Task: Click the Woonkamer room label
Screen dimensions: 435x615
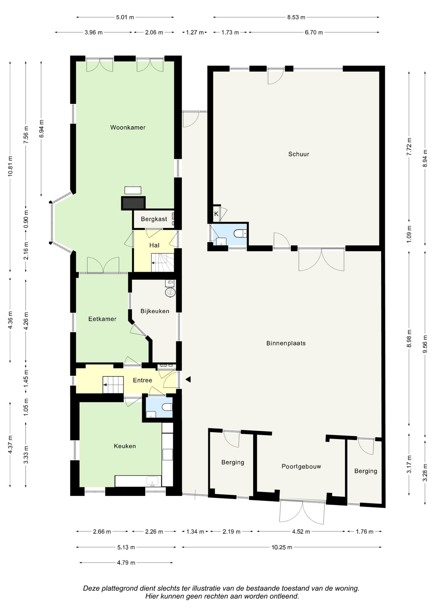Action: click(x=128, y=127)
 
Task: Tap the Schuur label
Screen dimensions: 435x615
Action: click(x=299, y=154)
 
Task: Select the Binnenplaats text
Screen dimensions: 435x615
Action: click(x=286, y=343)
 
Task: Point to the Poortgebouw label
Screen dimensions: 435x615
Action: click(x=301, y=466)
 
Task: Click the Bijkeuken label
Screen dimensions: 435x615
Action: click(x=155, y=311)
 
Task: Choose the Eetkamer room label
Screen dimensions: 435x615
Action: click(x=102, y=319)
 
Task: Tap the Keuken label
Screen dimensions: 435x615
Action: click(x=125, y=446)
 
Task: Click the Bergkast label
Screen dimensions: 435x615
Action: click(x=154, y=219)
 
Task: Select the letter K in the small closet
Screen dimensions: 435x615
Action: click(x=216, y=214)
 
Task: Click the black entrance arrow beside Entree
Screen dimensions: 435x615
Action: click(x=188, y=379)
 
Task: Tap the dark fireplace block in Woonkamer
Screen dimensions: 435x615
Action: click(x=133, y=203)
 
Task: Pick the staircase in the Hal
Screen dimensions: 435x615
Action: click(x=163, y=262)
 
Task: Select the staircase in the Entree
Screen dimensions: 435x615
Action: click(x=113, y=385)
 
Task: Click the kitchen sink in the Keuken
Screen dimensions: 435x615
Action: click(x=152, y=481)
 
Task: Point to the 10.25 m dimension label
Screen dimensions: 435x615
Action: click(x=282, y=547)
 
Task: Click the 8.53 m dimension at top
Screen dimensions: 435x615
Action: click(x=296, y=17)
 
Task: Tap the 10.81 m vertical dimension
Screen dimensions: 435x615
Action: click(x=10, y=166)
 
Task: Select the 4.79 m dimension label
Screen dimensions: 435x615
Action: click(x=126, y=562)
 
